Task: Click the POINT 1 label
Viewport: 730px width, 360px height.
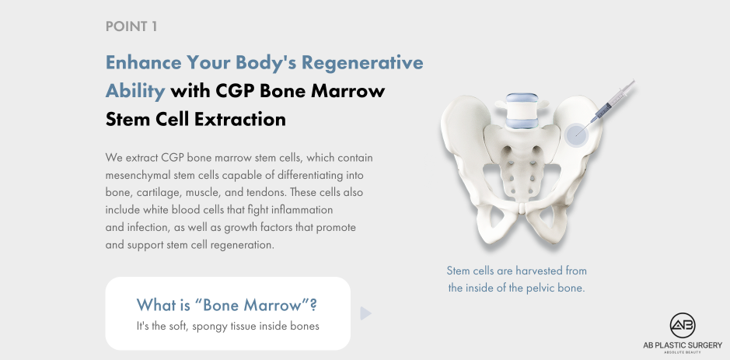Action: (x=131, y=26)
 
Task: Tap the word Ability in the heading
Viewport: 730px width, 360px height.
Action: (x=134, y=91)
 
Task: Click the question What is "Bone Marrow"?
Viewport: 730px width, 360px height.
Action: (x=227, y=304)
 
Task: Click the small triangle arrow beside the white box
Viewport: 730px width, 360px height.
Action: (x=365, y=313)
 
